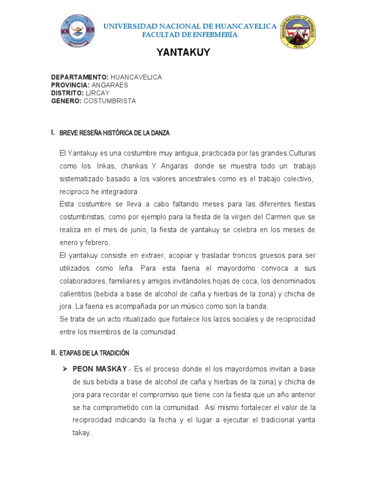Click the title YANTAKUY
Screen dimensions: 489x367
coord(183,53)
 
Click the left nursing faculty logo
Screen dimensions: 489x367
coord(76,31)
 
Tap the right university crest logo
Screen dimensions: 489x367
coord(297,32)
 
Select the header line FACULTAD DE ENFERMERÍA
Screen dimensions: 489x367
coord(190,35)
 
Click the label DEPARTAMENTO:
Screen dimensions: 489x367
coord(80,77)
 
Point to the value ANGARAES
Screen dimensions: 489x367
coord(110,85)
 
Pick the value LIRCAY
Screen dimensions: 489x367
coord(98,93)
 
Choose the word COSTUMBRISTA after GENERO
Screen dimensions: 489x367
coord(110,101)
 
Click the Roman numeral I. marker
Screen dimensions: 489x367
coord(53,132)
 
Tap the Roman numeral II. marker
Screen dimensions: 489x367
coord(54,353)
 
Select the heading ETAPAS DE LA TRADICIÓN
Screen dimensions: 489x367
coord(94,353)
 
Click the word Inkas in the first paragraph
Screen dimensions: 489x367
coord(106,166)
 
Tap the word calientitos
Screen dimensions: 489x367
coord(78,294)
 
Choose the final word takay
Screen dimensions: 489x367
coord(81,433)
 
